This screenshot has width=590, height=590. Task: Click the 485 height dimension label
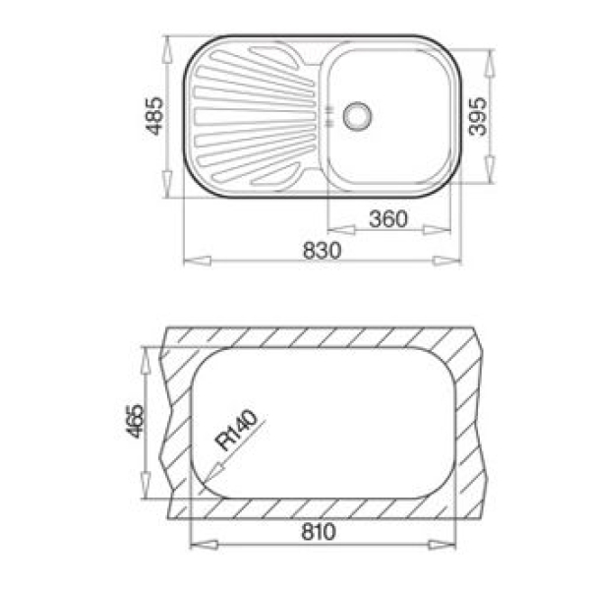[x=154, y=116]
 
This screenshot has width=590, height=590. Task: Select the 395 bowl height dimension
[x=477, y=116]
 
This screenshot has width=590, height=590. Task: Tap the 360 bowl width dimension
[x=388, y=219]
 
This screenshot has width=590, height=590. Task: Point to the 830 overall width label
[x=323, y=251]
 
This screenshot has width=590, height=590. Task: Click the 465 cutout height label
[x=135, y=421]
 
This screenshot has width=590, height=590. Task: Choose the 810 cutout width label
[x=319, y=532]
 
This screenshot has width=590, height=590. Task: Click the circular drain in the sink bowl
[x=357, y=116]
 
